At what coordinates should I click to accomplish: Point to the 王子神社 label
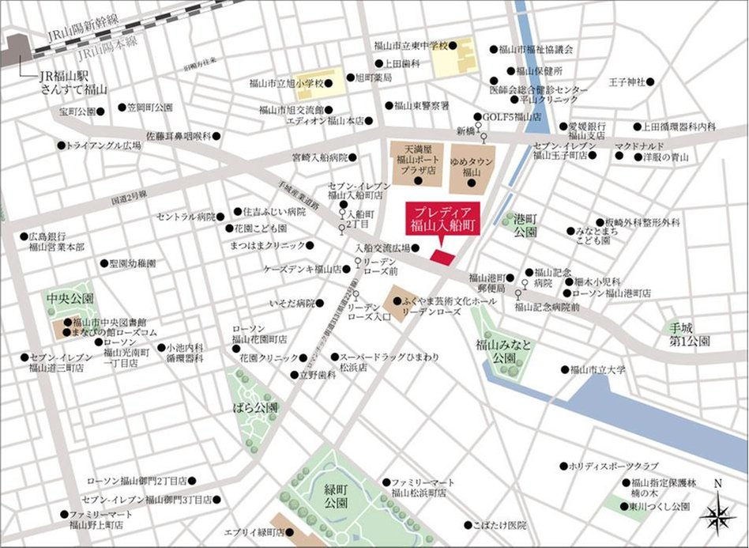point(627,82)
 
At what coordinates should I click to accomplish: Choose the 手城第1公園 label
point(686,334)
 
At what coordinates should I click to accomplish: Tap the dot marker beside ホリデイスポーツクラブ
point(563,466)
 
